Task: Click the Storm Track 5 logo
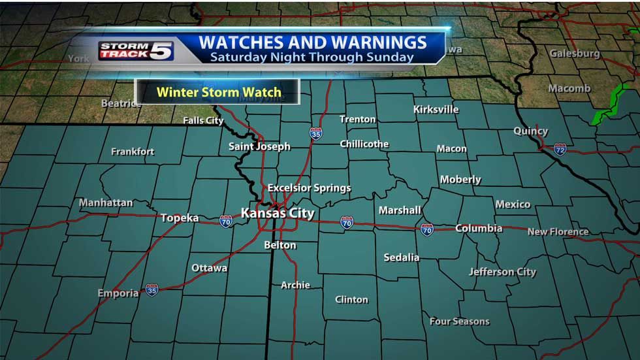[136, 50]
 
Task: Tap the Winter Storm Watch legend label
[218, 92]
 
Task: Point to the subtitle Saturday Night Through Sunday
[312, 57]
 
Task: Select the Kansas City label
[278, 213]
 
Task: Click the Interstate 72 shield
[560, 150]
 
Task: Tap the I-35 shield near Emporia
[152, 289]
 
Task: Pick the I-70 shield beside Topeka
[226, 221]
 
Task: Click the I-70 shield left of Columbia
[426, 229]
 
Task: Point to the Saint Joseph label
[259, 146]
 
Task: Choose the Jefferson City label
[502, 272]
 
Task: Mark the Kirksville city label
[436, 109]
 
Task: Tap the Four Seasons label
[459, 321]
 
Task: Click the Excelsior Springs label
[309, 188]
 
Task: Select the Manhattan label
[106, 203]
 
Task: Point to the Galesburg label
[575, 54]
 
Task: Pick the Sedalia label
[402, 257]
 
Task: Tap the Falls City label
[203, 121]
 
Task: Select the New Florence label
[558, 231]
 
